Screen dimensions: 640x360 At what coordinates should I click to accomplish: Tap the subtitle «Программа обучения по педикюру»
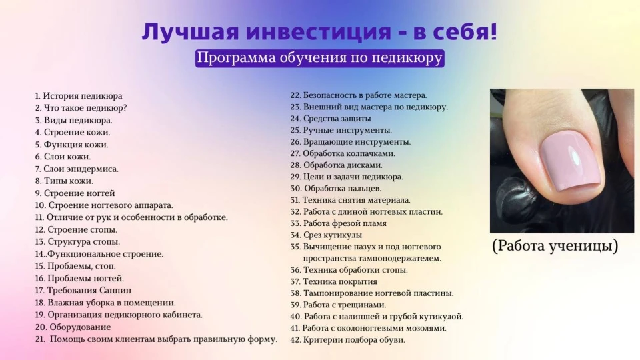pos(319,58)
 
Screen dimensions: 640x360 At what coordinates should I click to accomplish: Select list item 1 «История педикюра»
pos(79,96)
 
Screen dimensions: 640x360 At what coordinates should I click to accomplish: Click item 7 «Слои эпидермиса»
pos(77,169)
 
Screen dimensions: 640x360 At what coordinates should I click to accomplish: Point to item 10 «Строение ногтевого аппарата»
pos(104,205)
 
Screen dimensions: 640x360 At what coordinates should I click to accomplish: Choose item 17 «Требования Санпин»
pos(83,290)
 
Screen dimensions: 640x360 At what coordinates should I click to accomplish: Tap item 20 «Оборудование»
pos(73,327)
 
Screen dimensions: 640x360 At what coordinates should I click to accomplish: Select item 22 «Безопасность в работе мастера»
pos(359,95)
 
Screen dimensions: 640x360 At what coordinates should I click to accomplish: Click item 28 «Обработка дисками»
pos(336,165)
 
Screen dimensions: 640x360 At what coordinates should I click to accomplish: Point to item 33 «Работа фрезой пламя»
pos(339,223)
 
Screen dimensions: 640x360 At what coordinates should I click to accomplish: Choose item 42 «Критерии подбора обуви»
pos(348,339)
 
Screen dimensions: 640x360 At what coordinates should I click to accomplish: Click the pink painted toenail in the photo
pos(570,163)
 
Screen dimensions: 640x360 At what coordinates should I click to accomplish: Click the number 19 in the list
pos(40,315)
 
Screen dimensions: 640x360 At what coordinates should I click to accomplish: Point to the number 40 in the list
pos(295,316)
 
